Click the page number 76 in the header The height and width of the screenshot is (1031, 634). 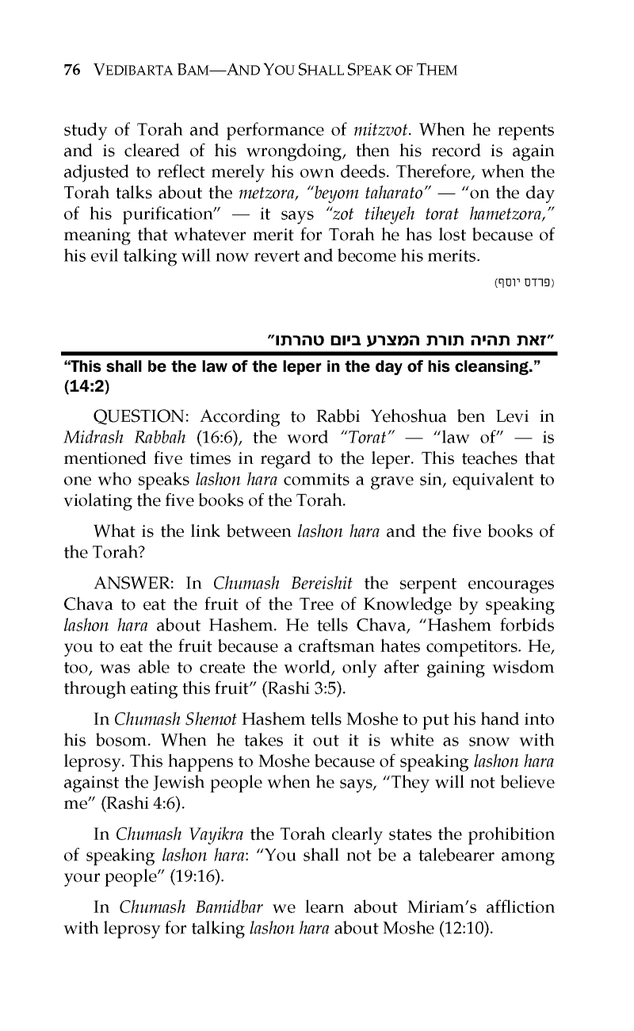pos(71,71)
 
